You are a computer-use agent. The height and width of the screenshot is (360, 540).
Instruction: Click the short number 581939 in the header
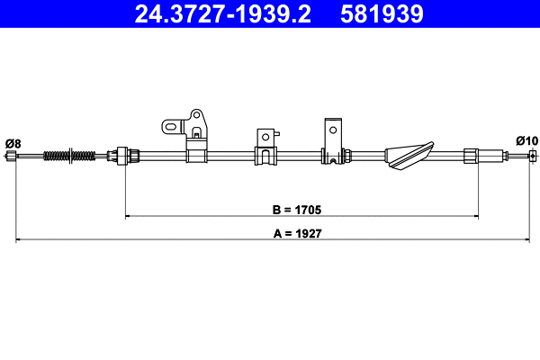tap(379, 14)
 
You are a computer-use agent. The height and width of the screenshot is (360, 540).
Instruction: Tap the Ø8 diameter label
tap(13, 142)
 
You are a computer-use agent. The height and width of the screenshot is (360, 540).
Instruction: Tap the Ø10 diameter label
tap(526, 140)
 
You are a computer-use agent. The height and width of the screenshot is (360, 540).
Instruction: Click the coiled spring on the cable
tap(68, 156)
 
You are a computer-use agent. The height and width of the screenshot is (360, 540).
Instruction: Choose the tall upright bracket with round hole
tap(333, 140)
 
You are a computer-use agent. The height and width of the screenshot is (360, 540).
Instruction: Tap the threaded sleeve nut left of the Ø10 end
tap(472, 156)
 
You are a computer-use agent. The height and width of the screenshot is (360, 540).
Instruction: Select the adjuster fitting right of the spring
tap(123, 156)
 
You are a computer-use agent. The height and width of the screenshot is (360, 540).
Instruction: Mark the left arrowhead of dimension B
tap(127, 216)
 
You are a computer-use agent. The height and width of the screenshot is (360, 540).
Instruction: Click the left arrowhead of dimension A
tap(18, 239)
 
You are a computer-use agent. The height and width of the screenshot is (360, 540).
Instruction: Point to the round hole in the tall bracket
tap(332, 129)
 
